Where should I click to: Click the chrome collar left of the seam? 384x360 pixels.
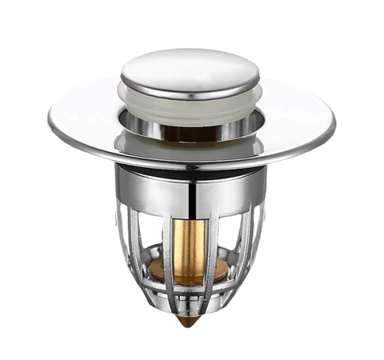pyautogui.click(x=152, y=188)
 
